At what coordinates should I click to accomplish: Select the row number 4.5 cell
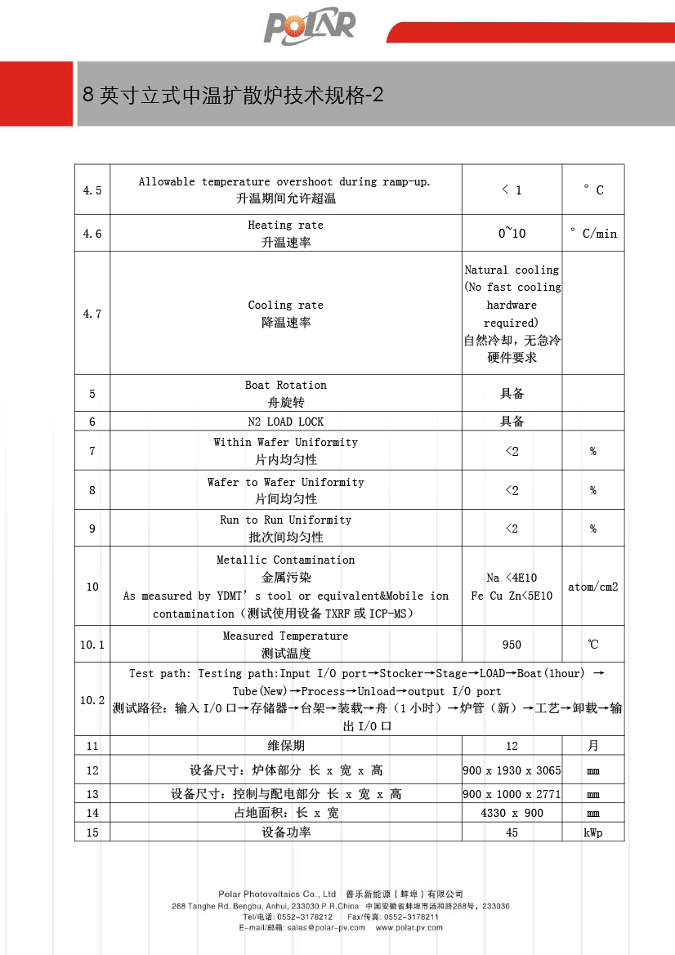pos(92,190)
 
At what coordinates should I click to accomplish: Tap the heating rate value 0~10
pos(512,234)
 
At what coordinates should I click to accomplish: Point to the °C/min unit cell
pos(593,234)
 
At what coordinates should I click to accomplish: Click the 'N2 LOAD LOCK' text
pos(286,422)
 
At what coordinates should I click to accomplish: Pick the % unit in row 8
pos(593,490)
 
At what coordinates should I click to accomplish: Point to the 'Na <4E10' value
pos(512,578)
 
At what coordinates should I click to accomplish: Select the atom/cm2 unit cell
pos(593,587)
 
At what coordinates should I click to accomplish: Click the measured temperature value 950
pos(512,645)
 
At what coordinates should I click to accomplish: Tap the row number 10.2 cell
pos(92,700)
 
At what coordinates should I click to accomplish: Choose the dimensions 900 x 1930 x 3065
pos(512,770)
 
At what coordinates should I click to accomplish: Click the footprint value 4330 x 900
pos(512,813)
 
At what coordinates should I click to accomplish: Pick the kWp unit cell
pos(593,832)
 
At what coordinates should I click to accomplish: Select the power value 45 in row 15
pos(512,832)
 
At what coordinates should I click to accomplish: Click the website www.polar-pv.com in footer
pos(409,927)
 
